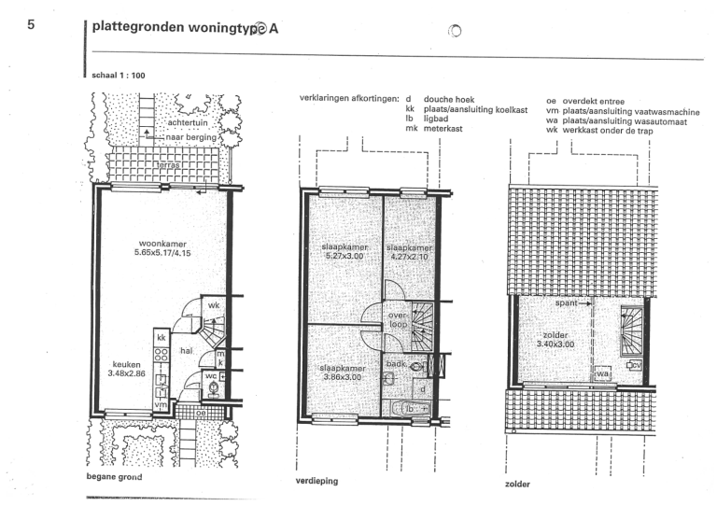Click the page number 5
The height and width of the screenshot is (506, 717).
point(31,25)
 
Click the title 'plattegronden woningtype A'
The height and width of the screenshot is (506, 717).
point(185,28)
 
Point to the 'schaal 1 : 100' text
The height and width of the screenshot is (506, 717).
point(118,75)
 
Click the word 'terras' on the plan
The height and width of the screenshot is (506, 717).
point(169,164)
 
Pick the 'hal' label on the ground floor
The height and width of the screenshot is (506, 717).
point(186,350)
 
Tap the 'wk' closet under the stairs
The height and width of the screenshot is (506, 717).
point(213,305)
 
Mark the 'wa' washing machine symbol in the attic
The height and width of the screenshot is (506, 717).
point(602,373)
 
